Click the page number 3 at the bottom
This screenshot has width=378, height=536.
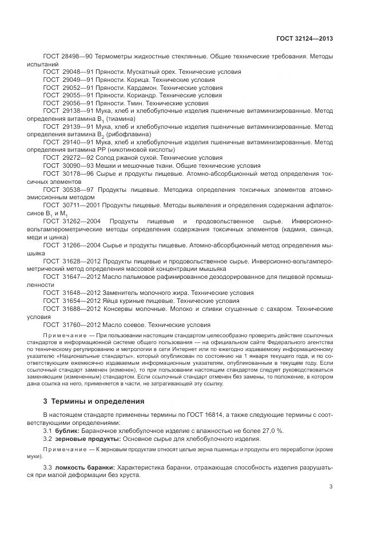[x=331, y=487]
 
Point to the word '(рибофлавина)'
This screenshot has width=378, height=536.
[x=126, y=134]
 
